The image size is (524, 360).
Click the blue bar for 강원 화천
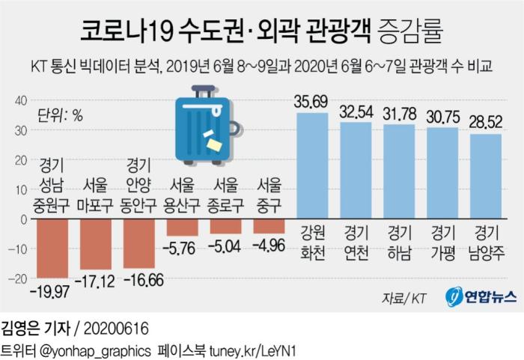[312, 165]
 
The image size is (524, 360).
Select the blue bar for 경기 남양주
[485, 175]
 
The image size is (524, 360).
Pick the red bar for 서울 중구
[269, 227]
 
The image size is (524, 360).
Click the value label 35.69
[312, 103]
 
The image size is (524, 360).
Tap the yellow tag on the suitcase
[214, 141]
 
